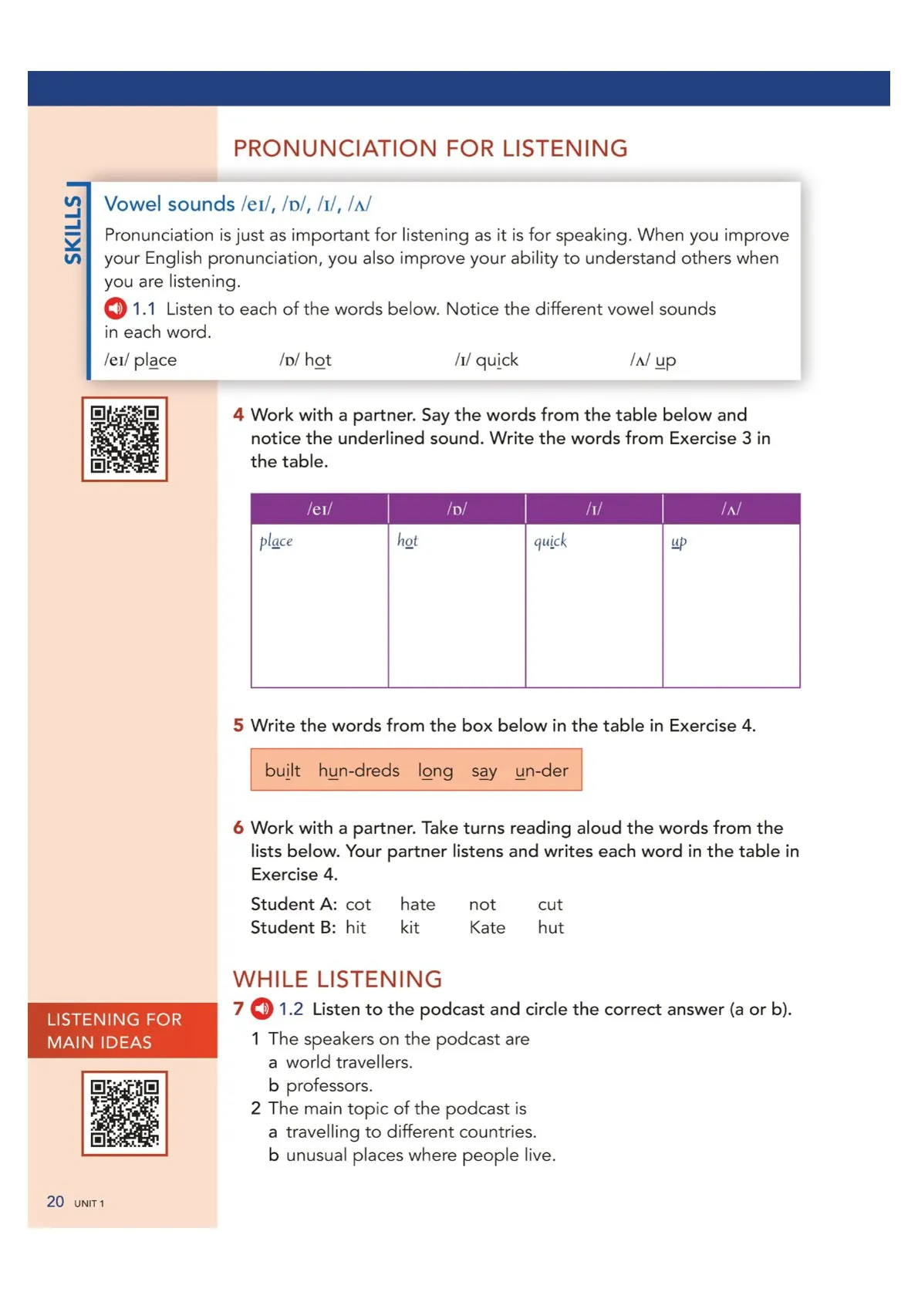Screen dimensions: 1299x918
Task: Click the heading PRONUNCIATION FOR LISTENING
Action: (430, 148)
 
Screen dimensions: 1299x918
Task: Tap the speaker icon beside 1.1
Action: (115, 309)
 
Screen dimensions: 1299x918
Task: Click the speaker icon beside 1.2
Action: (262, 1008)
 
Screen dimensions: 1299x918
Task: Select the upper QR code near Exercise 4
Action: (124, 439)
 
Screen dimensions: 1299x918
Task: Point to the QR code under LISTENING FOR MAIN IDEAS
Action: (124, 1113)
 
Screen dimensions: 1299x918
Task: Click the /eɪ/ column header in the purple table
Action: (319, 509)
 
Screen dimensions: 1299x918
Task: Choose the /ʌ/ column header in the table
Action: (731, 509)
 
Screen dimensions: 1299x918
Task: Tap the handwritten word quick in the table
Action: (550, 541)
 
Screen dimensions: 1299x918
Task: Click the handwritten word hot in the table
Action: (407, 541)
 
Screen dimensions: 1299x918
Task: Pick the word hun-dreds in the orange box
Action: (359, 771)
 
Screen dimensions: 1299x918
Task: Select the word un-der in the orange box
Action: (542, 771)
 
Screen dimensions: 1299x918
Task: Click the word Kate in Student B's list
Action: (487, 927)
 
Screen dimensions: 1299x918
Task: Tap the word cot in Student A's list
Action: (358, 904)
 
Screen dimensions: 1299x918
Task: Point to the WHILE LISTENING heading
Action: (337, 979)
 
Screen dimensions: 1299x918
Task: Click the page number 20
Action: (56, 1202)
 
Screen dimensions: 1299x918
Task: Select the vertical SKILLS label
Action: (73, 229)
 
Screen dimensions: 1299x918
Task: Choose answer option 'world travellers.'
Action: (349, 1062)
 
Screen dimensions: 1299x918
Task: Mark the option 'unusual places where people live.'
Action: (420, 1155)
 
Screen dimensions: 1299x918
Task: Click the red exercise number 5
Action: (238, 725)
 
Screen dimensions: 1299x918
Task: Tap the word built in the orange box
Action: (282, 771)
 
